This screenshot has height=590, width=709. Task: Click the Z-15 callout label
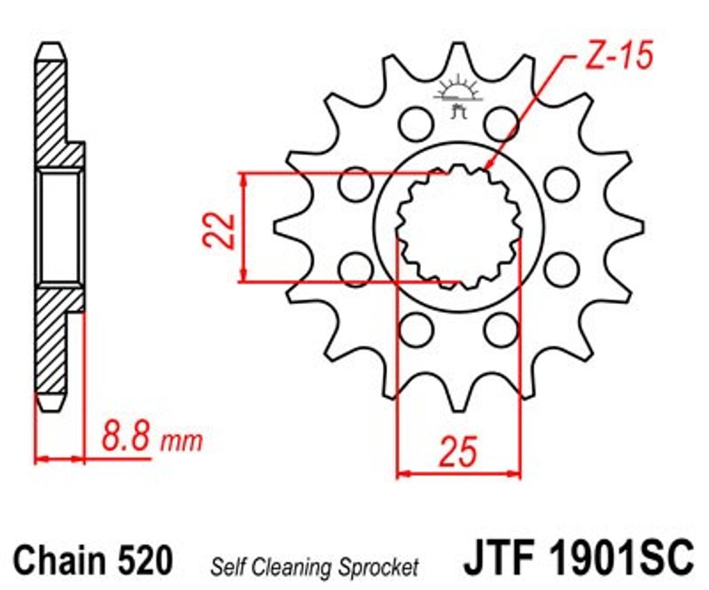click(x=619, y=55)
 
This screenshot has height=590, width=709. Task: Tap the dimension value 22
click(x=219, y=230)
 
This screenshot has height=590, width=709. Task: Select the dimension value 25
click(x=458, y=452)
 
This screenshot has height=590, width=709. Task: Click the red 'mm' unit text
click(x=181, y=442)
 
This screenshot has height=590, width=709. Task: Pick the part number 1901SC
click(x=621, y=557)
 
